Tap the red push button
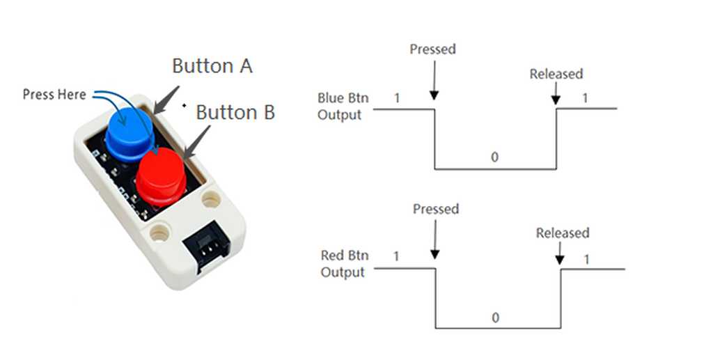pyautogui.click(x=161, y=175)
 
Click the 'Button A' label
pyautogui.click(x=212, y=66)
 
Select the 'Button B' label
pyautogui.click(x=235, y=112)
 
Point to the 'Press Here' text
pyautogui.click(x=54, y=94)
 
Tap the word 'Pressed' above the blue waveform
pyautogui.click(x=432, y=49)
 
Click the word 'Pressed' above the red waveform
pyautogui.click(x=436, y=209)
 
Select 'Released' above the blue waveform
pyautogui.click(x=556, y=74)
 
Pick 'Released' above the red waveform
pyautogui.click(x=563, y=233)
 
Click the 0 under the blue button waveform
pyautogui.click(x=494, y=157)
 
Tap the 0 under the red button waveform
pyautogui.click(x=496, y=318)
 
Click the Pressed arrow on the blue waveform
pyautogui.click(x=434, y=81)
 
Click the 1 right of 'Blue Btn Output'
pyautogui.click(x=397, y=98)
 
